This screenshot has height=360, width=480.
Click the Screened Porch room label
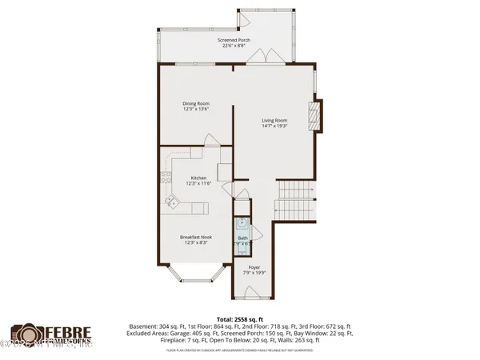(234, 39)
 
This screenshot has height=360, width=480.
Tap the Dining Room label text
(196, 102)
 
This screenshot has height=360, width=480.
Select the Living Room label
(274, 121)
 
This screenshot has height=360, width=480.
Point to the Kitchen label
(198, 178)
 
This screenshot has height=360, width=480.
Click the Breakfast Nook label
(196, 237)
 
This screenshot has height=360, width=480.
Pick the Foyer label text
(254, 267)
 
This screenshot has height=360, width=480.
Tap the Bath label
(242, 238)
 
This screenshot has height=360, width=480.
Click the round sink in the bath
(243, 222)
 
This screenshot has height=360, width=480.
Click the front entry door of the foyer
(254, 291)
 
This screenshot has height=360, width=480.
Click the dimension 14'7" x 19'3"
(274, 126)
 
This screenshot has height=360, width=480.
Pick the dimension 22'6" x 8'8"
(234, 46)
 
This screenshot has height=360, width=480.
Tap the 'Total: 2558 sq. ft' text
(239, 318)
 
